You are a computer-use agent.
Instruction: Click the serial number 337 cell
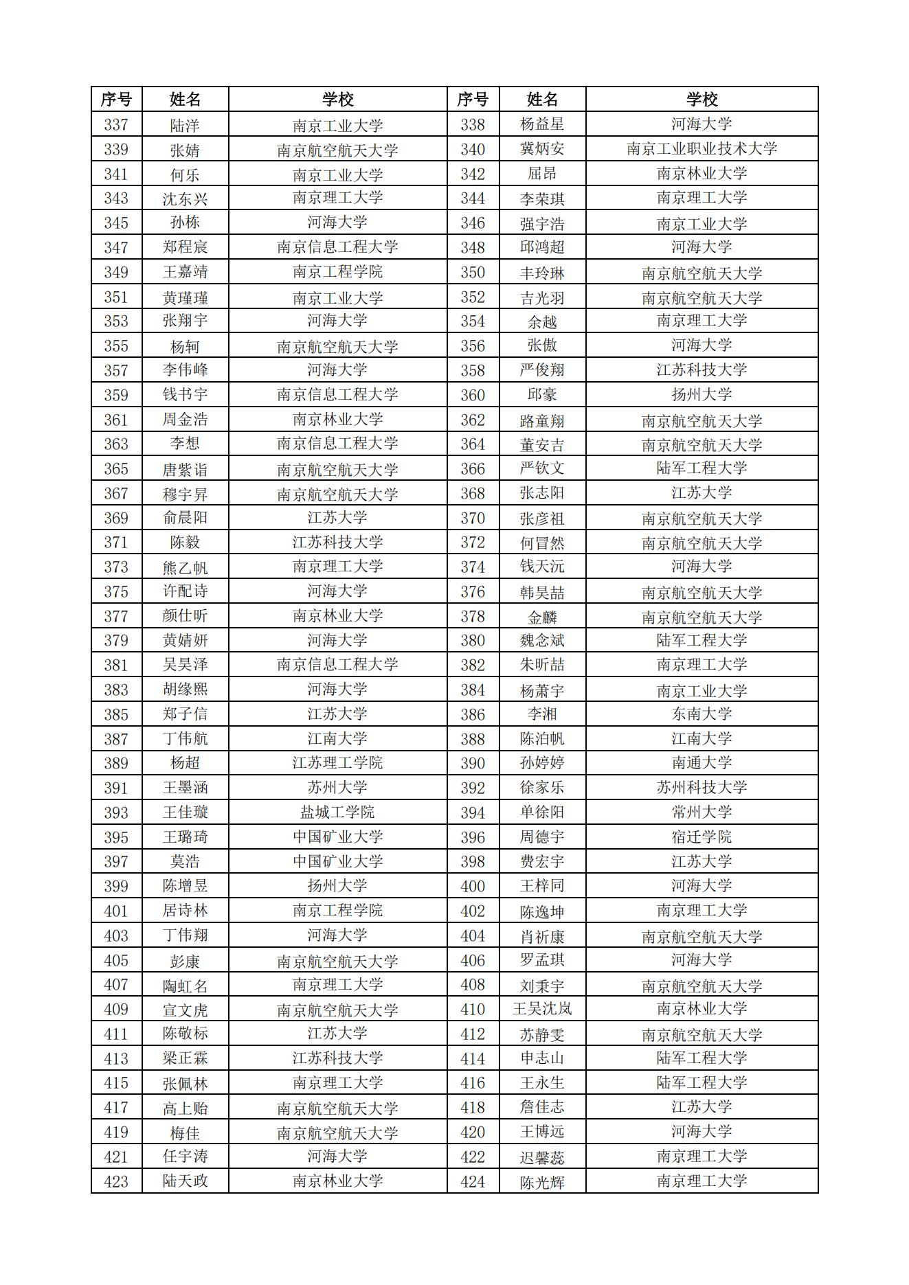click(116, 125)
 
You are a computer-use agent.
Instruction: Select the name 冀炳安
click(542, 149)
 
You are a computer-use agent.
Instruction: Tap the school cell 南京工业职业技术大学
click(702, 149)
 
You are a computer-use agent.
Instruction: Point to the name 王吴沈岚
click(542, 1009)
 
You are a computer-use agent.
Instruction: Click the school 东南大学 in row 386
click(702, 714)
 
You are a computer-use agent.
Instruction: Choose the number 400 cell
click(473, 886)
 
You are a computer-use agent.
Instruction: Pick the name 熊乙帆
click(185, 567)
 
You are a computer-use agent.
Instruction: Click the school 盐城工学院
click(337, 812)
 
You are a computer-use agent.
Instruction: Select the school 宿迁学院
click(702, 837)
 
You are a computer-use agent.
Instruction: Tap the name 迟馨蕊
click(542, 1157)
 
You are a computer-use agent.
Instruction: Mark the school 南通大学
click(702, 763)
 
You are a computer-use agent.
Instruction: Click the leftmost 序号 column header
click(116, 100)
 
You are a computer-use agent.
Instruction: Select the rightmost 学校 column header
click(702, 100)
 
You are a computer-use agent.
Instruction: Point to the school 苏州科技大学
click(702, 788)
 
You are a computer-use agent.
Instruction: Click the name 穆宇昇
click(185, 494)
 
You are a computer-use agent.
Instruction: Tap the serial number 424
click(473, 1182)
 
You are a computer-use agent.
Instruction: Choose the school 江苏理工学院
click(337, 763)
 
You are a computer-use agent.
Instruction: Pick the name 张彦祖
click(542, 519)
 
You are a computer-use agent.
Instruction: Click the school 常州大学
click(702, 812)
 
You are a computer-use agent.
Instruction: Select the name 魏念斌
click(542, 641)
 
